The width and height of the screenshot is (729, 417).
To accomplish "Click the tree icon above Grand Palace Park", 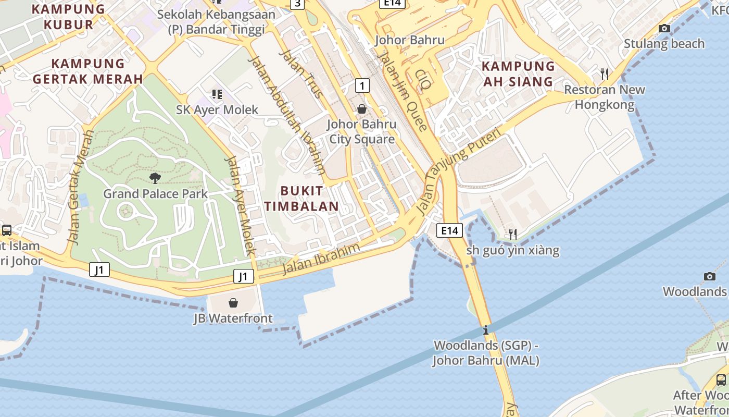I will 155,178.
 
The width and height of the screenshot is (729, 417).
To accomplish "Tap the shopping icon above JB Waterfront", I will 233,303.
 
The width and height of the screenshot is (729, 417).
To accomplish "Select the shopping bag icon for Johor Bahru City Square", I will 362,109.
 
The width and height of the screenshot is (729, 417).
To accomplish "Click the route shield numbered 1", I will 362,85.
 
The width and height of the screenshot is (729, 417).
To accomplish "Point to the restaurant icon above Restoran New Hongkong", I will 604,74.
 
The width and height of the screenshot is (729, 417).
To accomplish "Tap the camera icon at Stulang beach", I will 664,29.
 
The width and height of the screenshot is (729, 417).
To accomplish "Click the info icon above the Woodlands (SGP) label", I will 486,330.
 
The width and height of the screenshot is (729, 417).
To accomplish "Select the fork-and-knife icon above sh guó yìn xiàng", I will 513,235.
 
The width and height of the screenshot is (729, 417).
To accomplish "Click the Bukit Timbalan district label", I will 301,198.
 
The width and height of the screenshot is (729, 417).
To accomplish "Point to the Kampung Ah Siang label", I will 518,73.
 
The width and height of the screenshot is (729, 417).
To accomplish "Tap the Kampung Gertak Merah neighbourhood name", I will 87,71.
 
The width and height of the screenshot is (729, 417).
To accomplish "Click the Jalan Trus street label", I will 301,73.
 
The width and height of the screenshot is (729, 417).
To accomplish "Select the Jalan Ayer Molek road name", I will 240,205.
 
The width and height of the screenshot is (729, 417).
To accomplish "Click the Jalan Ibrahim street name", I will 321,259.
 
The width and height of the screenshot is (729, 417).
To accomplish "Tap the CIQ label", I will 423,79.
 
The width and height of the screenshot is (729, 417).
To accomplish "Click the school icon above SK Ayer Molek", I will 217,94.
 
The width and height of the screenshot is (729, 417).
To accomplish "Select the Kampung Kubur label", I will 68,16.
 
